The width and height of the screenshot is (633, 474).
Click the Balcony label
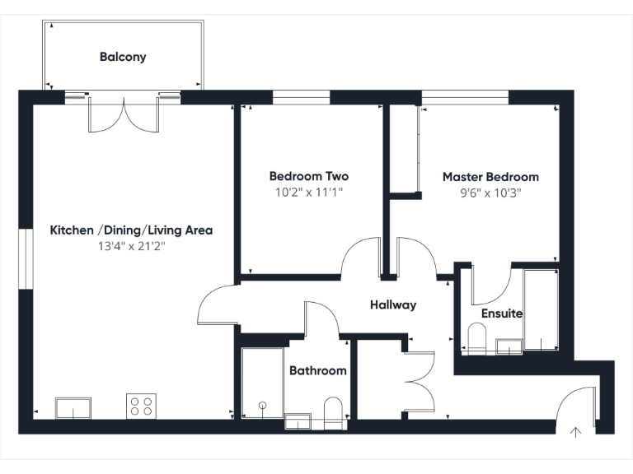(x=123, y=57)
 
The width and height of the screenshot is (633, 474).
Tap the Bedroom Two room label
(x=308, y=176)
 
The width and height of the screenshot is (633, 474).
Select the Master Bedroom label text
(x=490, y=177)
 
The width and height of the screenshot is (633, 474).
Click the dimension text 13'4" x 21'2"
(x=131, y=245)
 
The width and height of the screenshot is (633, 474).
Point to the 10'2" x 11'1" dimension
(x=308, y=193)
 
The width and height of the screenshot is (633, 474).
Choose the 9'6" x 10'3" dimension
(x=490, y=193)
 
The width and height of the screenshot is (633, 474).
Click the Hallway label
(x=392, y=304)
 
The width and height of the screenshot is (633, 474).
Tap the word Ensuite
(x=502, y=314)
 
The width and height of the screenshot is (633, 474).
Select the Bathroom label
(x=317, y=371)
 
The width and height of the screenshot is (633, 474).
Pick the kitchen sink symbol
(x=73, y=407)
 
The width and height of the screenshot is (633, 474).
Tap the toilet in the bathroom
(x=333, y=409)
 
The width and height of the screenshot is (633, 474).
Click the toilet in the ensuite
(x=476, y=337)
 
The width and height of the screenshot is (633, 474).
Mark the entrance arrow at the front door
(x=575, y=430)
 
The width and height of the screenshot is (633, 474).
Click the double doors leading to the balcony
(x=124, y=115)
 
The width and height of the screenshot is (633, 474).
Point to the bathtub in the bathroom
(x=262, y=383)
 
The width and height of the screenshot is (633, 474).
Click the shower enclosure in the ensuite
(x=541, y=310)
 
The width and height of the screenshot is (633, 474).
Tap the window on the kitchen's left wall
(x=24, y=259)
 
